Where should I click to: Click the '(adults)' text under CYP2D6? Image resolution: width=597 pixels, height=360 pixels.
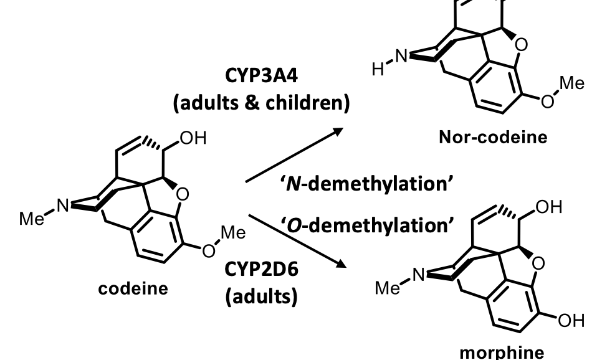[260, 296]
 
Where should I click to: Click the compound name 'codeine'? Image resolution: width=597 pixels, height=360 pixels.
[133, 289]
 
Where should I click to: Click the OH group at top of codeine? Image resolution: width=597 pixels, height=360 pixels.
[193, 138]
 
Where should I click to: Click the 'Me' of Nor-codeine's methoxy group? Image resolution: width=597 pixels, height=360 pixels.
[572, 83]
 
